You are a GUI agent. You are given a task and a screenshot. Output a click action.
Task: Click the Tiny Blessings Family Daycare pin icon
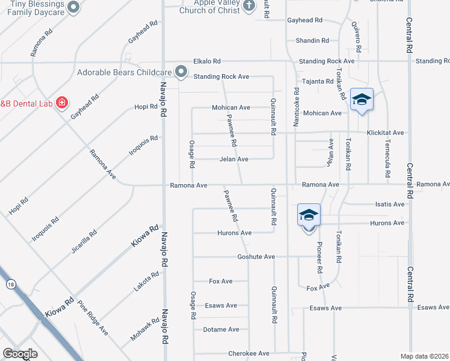[73, 7]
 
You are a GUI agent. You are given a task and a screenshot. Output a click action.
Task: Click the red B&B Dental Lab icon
[61, 103]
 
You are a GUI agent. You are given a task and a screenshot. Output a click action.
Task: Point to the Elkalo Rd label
[207, 61]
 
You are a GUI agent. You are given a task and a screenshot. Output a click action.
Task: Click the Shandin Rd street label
[312, 41]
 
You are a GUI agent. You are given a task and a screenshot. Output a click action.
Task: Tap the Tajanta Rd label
[318, 81]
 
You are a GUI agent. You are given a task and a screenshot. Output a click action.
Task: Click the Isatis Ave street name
[390, 205]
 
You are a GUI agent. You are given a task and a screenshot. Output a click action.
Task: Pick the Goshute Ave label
[256, 257]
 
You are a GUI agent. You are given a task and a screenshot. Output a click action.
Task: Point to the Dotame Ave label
[221, 330]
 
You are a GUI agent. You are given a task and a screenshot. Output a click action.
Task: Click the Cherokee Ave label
[248, 354]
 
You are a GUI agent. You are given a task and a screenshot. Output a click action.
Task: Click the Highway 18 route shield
[10, 284]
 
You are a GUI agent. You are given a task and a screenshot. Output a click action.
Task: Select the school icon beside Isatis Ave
[309, 215]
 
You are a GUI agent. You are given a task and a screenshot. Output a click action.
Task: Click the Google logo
[20, 354]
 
